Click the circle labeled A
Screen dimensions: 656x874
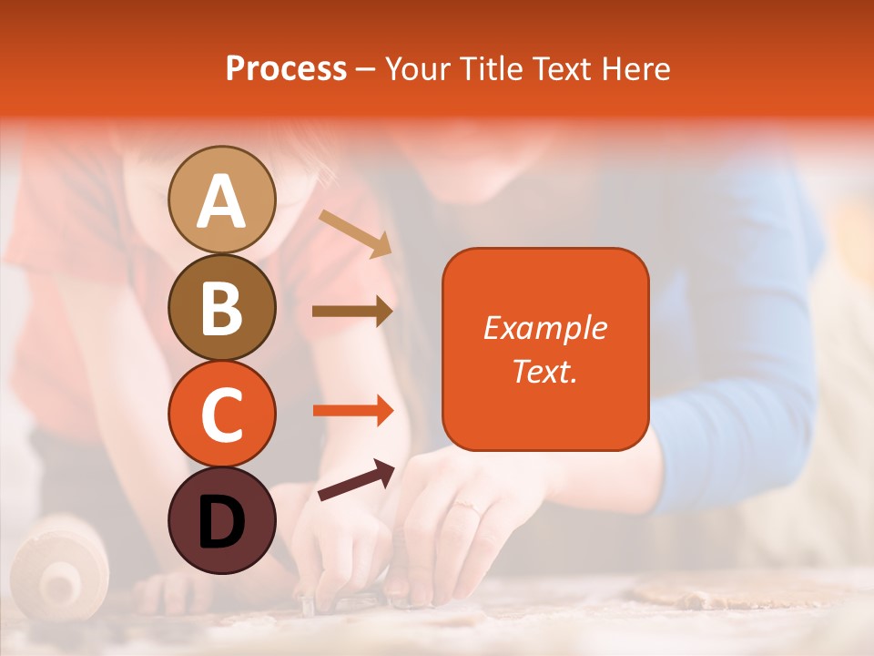(x=221, y=200)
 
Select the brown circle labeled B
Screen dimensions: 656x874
(x=221, y=307)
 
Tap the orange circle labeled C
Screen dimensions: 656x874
(x=221, y=414)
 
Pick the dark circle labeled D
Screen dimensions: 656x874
(x=221, y=520)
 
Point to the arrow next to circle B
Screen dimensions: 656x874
(x=351, y=311)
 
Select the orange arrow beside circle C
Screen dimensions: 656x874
(x=352, y=411)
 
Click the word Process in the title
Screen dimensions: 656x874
(x=286, y=69)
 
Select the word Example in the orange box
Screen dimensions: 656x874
(x=544, y=328)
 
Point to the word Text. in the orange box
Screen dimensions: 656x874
(x=544, y=371)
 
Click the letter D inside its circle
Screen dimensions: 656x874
(x=221, y=522)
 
